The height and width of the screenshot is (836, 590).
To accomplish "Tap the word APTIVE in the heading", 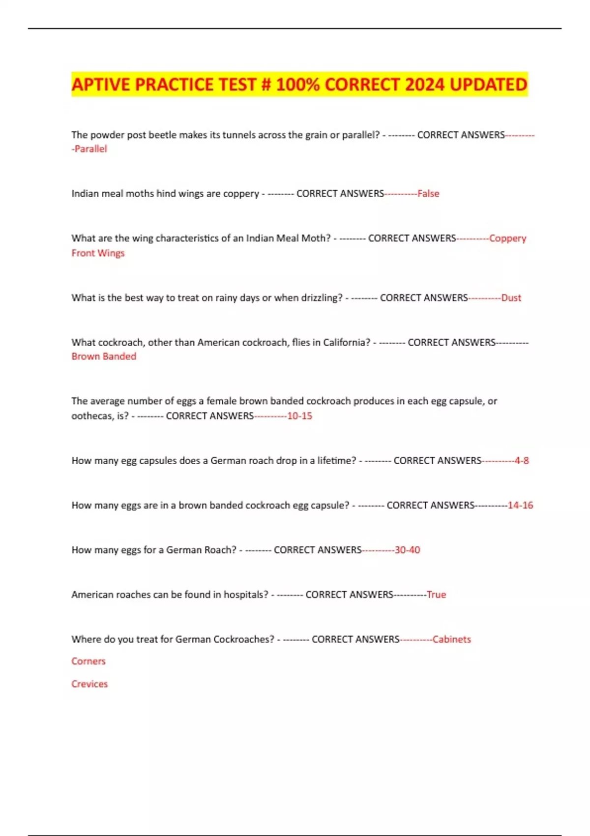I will coord(101,85).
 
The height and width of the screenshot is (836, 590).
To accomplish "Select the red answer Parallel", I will coord(90,149).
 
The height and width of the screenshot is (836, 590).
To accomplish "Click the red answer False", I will coord(428,194).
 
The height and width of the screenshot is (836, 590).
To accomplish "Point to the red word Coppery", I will coord(507,239).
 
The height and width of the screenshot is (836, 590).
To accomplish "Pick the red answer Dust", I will coord(511,298).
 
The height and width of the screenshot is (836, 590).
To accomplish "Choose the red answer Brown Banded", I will coord(104,357).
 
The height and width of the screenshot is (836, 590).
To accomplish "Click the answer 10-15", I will coord(299,416).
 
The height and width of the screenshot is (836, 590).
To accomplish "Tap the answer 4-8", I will coord(522,461).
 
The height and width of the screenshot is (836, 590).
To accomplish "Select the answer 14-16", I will coord(520,506).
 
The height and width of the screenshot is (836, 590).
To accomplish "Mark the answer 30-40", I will coord(407,550).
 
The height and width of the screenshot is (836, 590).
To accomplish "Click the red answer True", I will coord(436,595).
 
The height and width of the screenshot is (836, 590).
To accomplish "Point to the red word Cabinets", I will coord(451,640).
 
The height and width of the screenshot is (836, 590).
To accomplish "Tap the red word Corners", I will coord(88,661).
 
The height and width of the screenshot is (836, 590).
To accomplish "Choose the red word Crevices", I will coord(89,684).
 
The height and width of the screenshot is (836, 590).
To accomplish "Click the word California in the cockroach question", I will coord(344,342).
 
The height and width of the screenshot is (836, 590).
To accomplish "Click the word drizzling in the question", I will coord(318,298).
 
